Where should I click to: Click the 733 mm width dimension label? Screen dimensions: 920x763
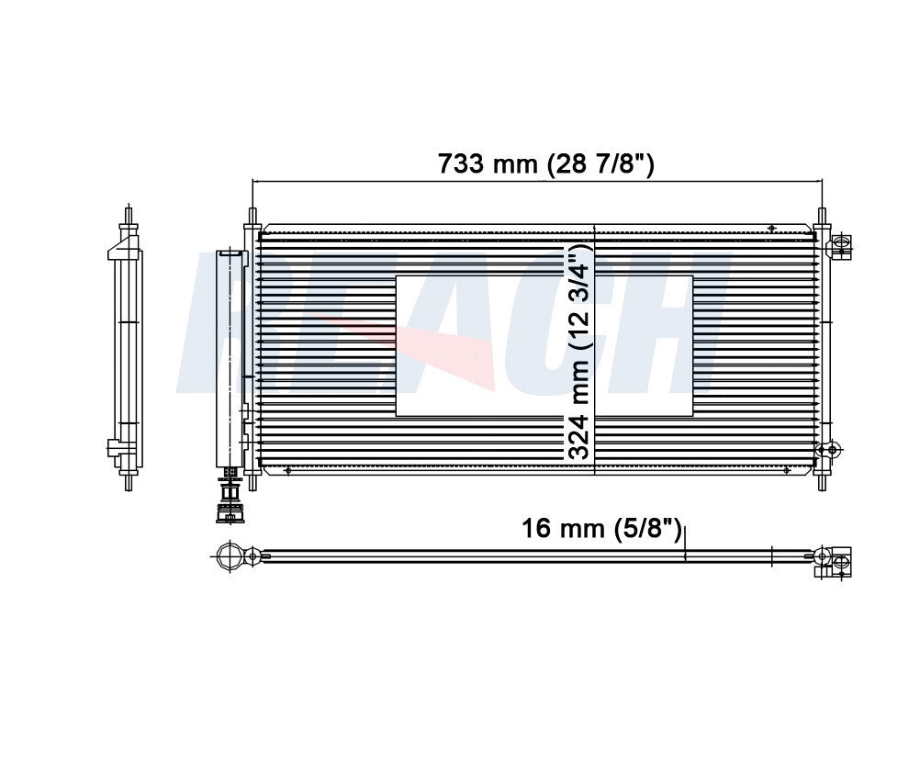click(545, 163)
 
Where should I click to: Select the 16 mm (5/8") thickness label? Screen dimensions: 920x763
click(602, 529)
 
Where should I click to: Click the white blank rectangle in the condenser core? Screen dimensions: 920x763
click(544, 346)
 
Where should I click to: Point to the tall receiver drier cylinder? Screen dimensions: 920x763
click(230, 358)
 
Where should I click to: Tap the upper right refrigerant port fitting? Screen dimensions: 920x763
click(838, 246)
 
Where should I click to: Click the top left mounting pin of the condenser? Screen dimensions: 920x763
click(252, 217)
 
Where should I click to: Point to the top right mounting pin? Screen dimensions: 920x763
click(822, 217)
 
